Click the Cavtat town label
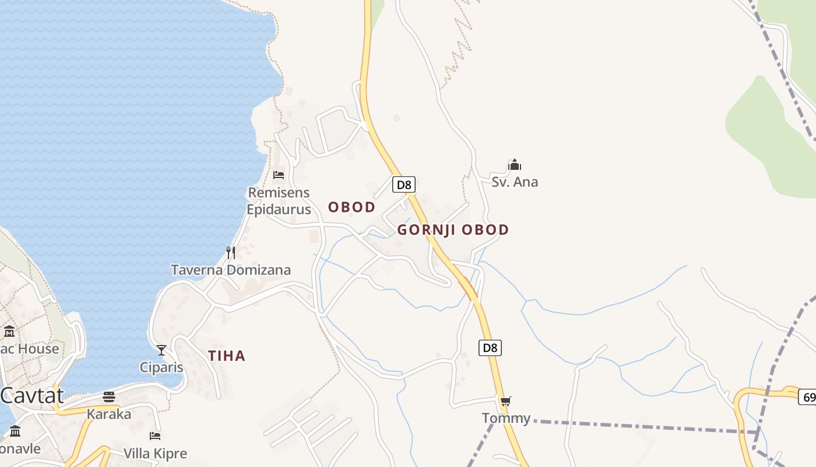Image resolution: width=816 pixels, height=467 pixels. (31, 395)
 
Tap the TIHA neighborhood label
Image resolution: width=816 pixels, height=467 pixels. (227, 356)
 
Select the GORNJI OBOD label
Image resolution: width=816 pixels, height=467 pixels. (453, 229)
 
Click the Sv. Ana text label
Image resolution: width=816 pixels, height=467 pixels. (515, 182)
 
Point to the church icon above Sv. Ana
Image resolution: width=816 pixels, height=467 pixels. (514, 165)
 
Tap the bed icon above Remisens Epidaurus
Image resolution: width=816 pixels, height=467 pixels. (279, 175)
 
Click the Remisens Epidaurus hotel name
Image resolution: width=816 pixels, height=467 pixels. (279, 201)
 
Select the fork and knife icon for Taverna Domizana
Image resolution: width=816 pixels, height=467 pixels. (231, 253)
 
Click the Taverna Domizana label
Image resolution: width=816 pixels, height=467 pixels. (231, 270)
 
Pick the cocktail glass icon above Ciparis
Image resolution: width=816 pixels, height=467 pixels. (161, 350)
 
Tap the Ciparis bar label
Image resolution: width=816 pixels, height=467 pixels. (161, 367)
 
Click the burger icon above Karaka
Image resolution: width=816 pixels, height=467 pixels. (109, 398)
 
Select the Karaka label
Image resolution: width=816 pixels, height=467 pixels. (109, 414)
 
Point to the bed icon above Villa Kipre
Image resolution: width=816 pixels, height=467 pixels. (155, 436)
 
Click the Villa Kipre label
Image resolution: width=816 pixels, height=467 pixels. (155, 453)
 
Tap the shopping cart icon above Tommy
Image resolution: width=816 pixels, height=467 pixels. (505, 401)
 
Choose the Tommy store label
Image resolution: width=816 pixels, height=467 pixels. (506, 418)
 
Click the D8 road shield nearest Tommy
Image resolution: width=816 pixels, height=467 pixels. (491, 348)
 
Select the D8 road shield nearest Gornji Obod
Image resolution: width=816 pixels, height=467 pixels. (403, 185)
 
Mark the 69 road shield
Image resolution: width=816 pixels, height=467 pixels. (808, 397)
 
